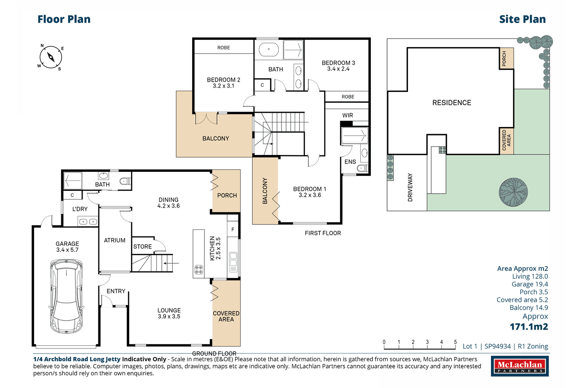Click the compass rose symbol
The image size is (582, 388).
click(51, 57)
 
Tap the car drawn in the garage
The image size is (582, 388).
click(66, 296)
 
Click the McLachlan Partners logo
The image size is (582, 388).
click(519, 366)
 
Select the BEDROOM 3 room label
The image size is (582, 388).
click(338, 66)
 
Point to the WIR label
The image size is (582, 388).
click(348, 116)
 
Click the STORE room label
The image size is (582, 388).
click(142, 247)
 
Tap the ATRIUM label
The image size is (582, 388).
click(115, 240)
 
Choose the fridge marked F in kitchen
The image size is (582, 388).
click(233, 229)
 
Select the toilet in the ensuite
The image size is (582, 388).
click(363, 168)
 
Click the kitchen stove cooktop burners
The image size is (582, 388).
click(199, 270)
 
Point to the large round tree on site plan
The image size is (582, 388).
click(513, 192)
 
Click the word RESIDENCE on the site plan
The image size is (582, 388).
click(451, 102)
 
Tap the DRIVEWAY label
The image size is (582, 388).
click(410, 187)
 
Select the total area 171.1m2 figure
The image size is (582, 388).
click(529, 327)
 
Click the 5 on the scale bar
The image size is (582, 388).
click(455, 342)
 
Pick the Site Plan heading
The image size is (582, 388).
click(522, 19)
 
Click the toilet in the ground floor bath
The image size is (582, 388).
click(125, 181)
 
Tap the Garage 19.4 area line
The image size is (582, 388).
click(530, 284)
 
